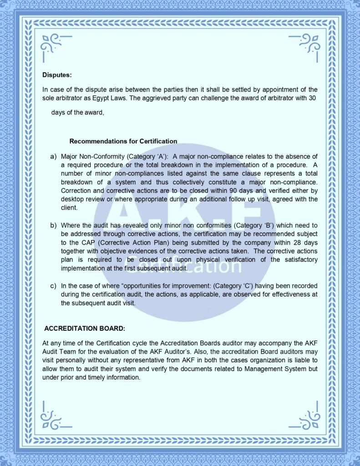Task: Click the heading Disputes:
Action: [x=57, y=75]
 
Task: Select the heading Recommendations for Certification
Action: [x=123, y=141]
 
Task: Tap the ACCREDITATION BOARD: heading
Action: [x=85, y=328]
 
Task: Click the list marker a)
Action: [x=53, y=157]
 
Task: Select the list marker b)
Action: [x=53, y=226]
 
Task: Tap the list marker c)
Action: [x=53, y=286]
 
